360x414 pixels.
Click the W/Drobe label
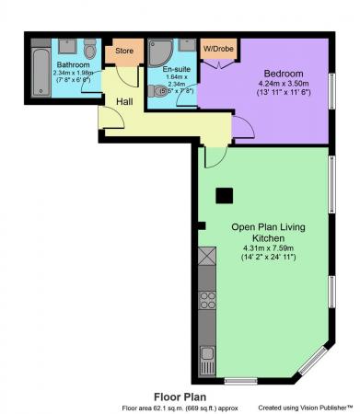point(216,48)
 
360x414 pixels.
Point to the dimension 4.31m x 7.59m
point(268,247)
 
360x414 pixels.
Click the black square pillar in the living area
point(224,195)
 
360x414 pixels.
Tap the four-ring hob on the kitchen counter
point(207,300)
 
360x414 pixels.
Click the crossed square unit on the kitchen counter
point(207,257)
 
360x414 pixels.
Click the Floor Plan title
point(180,395)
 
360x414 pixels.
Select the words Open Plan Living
point(267,226)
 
